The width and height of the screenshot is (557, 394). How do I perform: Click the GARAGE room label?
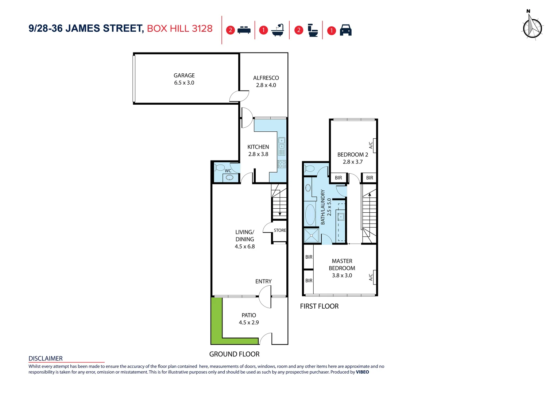click(184, 76)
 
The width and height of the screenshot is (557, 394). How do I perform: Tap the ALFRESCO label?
click(266, 78)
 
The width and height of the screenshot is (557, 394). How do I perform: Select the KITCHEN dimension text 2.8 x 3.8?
click(258, 154)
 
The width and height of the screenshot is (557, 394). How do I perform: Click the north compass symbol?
click(532, 27)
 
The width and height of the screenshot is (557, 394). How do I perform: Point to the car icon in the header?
click(345, 30)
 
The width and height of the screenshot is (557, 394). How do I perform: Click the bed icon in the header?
click(244, 30)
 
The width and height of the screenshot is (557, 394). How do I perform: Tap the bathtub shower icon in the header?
click(278, 30)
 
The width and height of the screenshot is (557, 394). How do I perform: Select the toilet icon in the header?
click(313, 30)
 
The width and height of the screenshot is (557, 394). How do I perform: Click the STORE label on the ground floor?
click(280, 231)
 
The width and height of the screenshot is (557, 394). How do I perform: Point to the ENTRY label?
click(263, 282)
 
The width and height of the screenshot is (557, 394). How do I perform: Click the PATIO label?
click(249, 315)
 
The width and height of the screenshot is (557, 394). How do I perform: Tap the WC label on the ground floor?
click(228, 171)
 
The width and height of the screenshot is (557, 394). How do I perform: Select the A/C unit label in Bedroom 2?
click(371, 145)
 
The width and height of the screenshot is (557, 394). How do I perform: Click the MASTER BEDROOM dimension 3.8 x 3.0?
click(342, 276)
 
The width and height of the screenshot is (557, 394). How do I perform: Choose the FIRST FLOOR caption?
click(319, 306)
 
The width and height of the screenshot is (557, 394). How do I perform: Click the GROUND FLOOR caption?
click(234, 354)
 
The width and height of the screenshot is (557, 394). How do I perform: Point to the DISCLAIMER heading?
click(46, 359)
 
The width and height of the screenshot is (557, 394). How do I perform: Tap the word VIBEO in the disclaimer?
click(362, 372)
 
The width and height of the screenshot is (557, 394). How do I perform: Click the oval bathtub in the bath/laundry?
click(310, 215)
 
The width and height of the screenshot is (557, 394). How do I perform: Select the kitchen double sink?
click(282, 143)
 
